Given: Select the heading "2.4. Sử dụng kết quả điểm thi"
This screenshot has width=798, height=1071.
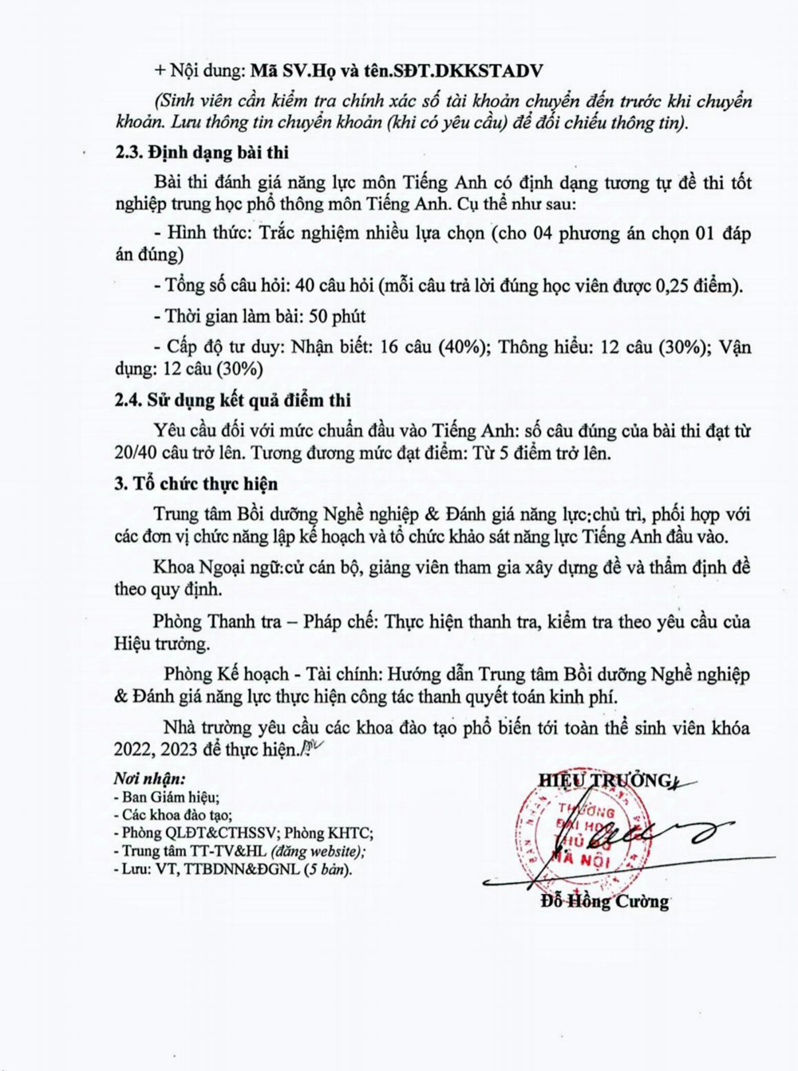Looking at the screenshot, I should [232, 400].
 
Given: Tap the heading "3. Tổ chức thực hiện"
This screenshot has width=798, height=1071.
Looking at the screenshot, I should [196, 484].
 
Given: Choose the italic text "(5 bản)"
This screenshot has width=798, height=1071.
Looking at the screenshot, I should [326, 869].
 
